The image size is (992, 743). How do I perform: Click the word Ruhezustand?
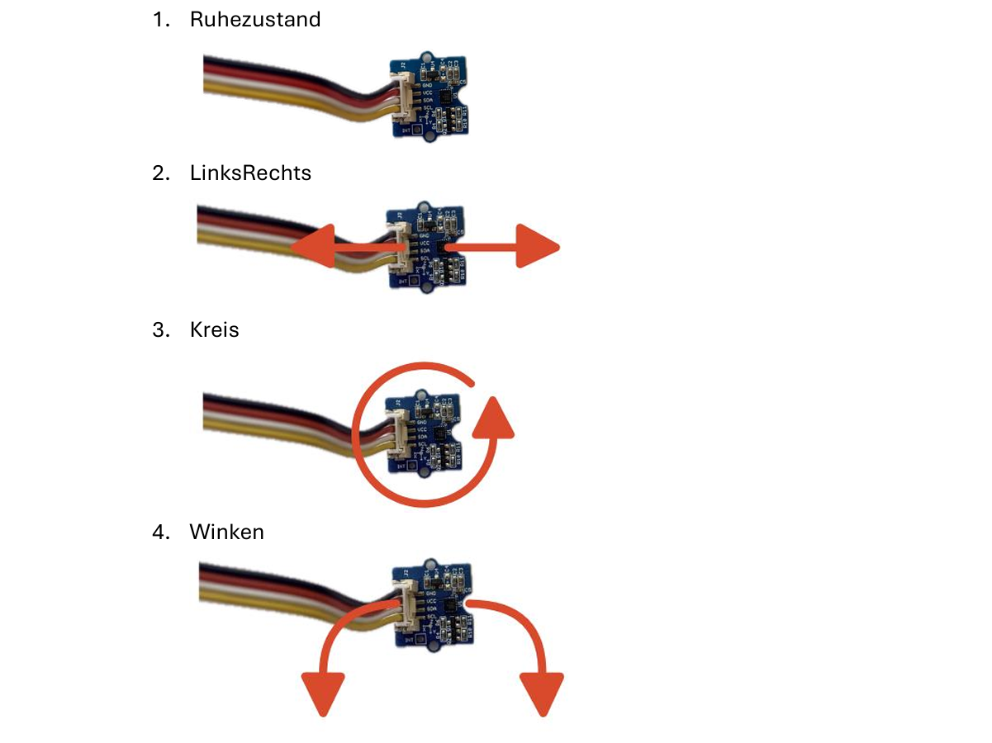(254, 20)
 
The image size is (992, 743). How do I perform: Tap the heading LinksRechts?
(250, 173)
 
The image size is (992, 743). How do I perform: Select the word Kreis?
(214, 329)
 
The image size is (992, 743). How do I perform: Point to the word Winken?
(226, 532)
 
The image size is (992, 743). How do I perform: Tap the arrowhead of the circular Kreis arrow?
(494, 416)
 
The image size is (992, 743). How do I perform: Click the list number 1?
(160, 20)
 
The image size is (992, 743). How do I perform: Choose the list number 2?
(160, 173)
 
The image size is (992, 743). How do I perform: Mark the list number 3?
(160, 329)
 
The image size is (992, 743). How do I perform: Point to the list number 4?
(160, 532)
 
